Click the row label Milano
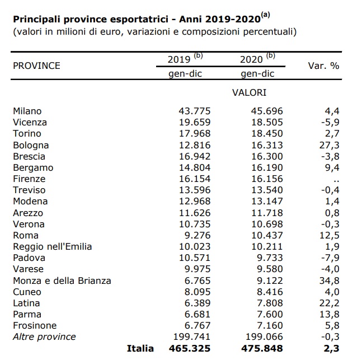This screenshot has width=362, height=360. point(27,111)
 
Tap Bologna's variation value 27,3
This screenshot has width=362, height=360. point(330,145)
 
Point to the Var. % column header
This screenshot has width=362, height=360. point(323,66)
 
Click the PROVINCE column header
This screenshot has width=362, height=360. point(36,66)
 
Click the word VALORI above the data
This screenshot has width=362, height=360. point(249,93)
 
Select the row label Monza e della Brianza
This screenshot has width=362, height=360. point(62,280)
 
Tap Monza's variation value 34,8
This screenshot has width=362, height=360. point(330,280)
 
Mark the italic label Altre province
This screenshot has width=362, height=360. point(44,336)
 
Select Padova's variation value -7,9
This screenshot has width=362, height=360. point(330,258)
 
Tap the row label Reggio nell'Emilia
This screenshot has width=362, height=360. point(52,247)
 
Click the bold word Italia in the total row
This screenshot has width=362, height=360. point(140,348)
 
